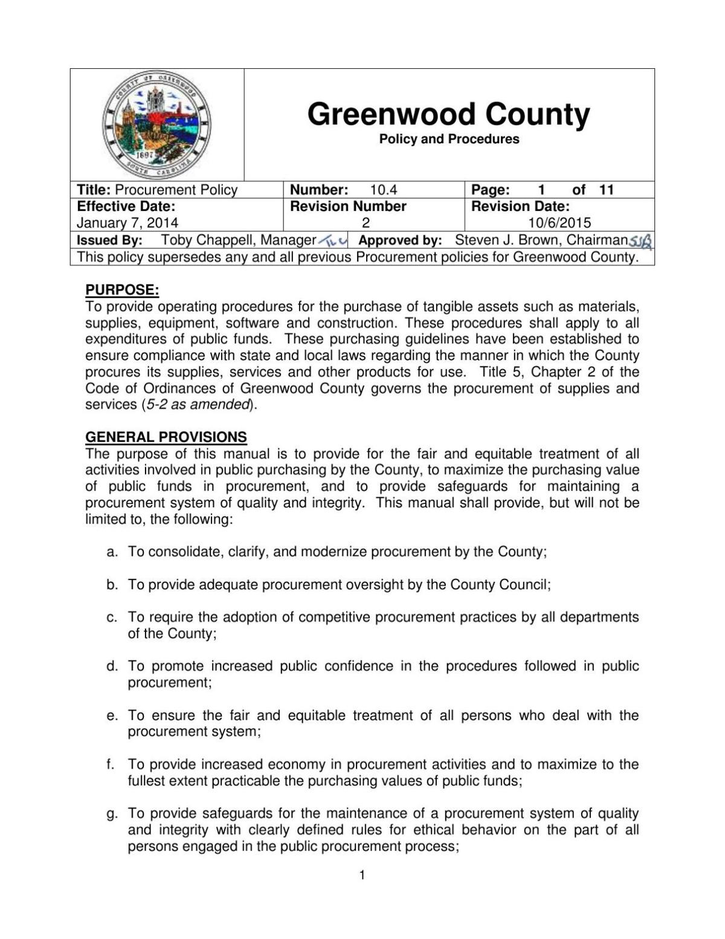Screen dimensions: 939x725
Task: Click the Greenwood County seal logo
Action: [156, 125]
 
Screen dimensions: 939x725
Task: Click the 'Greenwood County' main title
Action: [448, 114]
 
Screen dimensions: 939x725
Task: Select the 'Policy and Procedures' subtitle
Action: [449, 139]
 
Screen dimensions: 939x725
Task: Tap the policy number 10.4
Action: [384, 190]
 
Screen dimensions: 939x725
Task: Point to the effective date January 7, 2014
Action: [127, 223]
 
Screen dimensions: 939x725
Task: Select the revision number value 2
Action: [366, 223]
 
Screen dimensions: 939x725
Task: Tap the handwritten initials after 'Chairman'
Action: [640, 241]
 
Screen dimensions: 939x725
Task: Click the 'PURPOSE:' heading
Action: [122, 290]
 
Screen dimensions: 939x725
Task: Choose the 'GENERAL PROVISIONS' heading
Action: [166, 437]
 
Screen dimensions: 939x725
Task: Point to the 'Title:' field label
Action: [94, 190]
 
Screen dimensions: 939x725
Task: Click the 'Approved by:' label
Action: [400, 240]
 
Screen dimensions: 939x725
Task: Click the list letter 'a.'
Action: [112, 552]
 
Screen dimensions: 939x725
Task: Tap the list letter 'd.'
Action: [112, 666]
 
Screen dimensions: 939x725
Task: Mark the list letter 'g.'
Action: [112, 813]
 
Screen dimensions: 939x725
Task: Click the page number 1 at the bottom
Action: [362, 875]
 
